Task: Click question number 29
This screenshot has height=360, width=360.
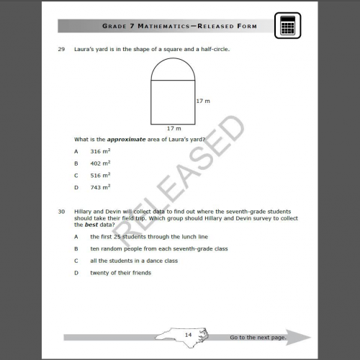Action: coord(61,50)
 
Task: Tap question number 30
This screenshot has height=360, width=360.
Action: coord(61,212)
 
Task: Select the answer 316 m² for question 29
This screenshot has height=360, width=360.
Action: coord(99,152)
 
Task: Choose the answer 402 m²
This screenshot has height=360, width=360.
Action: coord(99,163)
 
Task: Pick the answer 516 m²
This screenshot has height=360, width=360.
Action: coord(99,175)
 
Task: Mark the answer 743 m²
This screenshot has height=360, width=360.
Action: coord(99,186)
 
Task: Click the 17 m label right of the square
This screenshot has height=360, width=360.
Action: coord(203,102)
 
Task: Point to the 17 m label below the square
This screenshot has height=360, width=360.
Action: coord(174,128)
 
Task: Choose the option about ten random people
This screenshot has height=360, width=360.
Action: coord(158,248)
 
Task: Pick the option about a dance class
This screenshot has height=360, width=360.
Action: coord(133,261)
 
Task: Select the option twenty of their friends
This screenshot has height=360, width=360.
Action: coord(120,273)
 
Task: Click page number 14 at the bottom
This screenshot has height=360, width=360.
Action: coord(188,335)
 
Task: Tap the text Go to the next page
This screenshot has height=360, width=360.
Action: coord(258,337)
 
